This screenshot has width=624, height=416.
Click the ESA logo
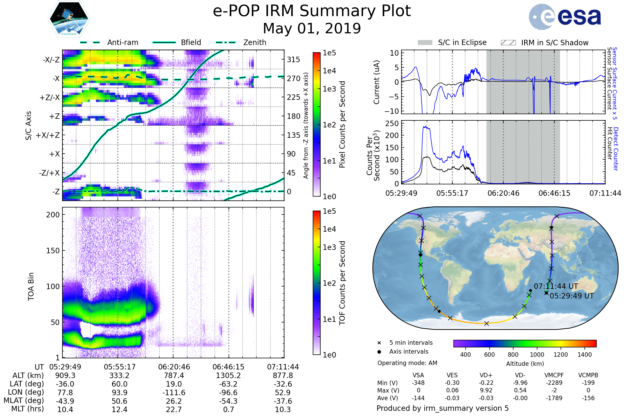(x=565, y=16)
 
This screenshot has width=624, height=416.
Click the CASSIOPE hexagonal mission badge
(x=69, y=18)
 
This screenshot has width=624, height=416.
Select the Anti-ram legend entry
(x=122, y=42)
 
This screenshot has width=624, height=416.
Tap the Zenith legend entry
(x=255, y=42)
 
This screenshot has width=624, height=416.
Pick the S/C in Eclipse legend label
(x=462, y=42)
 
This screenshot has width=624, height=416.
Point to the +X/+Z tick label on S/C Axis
(x=48, y=135)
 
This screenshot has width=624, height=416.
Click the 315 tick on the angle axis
(x=294, y=60)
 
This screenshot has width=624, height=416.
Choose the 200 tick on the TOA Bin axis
(x=53, y=215)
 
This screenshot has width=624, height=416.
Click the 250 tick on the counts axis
(x=392, y=124)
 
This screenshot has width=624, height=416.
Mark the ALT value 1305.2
(x=228, y=375)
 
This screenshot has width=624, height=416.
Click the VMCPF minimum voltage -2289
(x=554, y=383)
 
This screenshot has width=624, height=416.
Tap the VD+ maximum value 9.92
(x=486, y=390)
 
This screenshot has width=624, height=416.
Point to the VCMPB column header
(x=588, y=375)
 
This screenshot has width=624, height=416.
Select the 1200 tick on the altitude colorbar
(x=561, y=355)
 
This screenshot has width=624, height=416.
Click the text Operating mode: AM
(x=407, y=363)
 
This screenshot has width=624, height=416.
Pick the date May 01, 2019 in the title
(x=312, y=28)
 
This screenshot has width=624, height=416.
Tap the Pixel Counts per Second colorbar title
(x=342, y=124)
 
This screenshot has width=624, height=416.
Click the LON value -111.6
(x=174, y=392)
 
